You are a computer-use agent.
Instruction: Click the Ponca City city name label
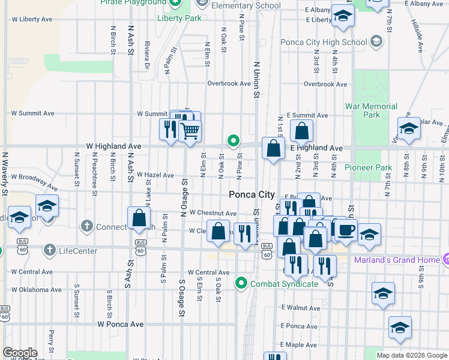click(x=252, y=194)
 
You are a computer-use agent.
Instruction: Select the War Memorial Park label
click(x=371, y=110)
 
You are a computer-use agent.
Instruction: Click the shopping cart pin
click(x=190, y=130)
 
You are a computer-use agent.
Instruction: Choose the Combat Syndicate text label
click(x=284, y=283)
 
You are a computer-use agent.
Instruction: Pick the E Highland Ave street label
click(x=316, y=148)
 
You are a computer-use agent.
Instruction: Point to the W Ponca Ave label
click(x=121, y=324)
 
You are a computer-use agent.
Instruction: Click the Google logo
click(x=20, y=353)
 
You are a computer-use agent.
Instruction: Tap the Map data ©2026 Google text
click(x=412, y=355)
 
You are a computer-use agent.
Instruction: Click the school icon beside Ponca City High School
click(x=376, y=41)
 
